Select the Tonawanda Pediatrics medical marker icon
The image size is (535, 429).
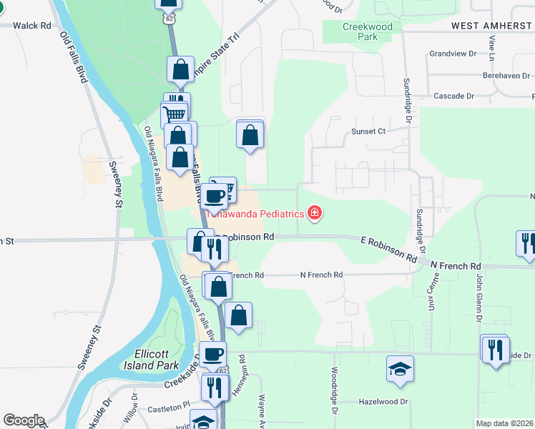point(313,212)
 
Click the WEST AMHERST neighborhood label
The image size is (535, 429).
point(492,26)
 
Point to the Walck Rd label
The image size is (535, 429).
point(31,26)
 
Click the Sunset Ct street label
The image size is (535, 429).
point(368,132)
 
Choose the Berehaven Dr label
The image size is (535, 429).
point(506,75)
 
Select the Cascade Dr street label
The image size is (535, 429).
point(454,96)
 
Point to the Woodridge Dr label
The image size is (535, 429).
point(334,391)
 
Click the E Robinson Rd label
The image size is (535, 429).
point(388,248)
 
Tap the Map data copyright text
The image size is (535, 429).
point(505,423)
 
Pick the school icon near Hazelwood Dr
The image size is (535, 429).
point(400,368)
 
